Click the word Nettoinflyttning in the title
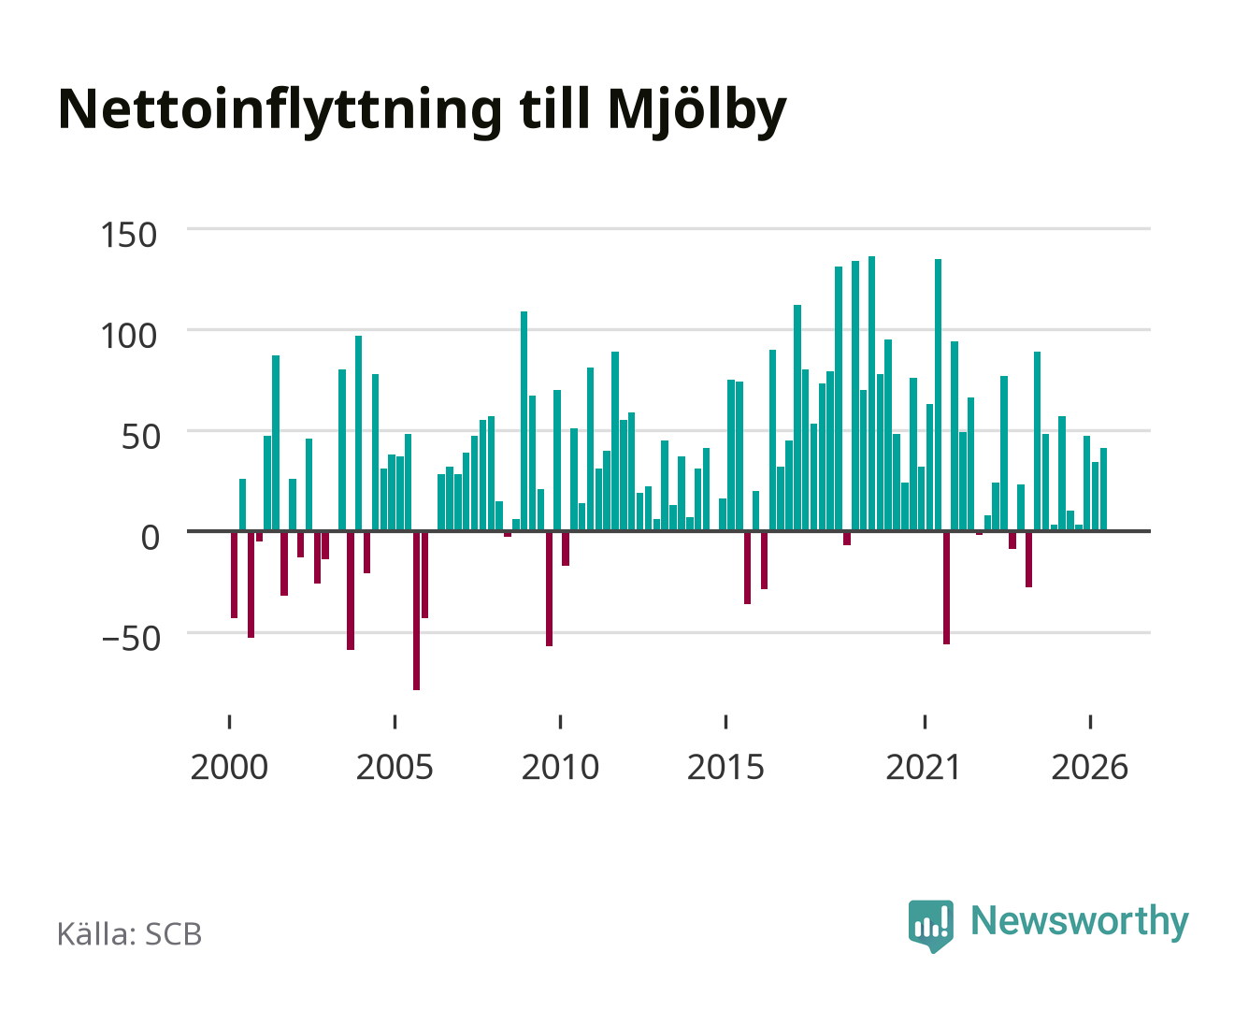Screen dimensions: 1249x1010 (280, 111)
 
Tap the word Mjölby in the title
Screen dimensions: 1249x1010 (696, 111)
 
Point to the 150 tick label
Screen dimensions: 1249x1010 (129, 235)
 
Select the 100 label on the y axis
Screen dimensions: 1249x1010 (129, 336)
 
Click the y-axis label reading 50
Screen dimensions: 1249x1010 (141, 437)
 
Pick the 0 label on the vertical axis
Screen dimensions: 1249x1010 (151, 537)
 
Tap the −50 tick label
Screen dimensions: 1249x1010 (131, 639)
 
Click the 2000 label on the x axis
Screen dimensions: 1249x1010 (229, 767)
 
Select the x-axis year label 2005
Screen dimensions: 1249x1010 (395, 767)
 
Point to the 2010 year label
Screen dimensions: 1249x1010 (561, 767)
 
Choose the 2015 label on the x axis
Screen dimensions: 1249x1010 (726, 767)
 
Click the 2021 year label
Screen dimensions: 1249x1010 (924, 767)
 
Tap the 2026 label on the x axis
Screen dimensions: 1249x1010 (1090, 767)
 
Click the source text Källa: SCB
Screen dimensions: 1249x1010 (130, 934)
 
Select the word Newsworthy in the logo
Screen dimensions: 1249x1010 (1080, 922)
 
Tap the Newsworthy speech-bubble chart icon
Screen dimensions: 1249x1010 (931, 926)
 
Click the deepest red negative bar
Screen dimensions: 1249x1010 (416, 611)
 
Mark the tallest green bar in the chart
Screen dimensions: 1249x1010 (872, 394)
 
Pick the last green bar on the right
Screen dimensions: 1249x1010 (1103, 490)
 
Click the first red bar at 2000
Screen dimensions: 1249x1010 (234, 575)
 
